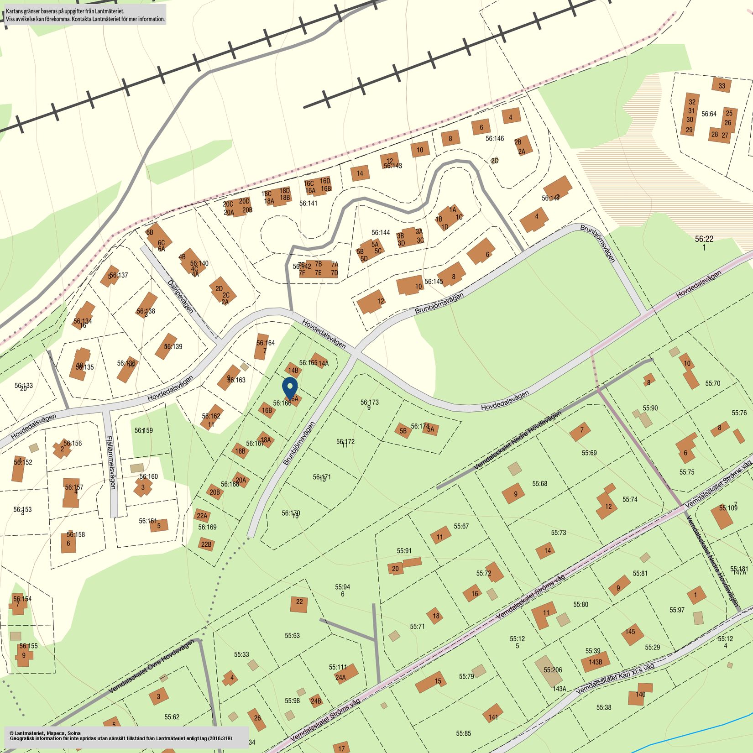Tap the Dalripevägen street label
tap(180, 297)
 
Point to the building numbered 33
tap(722, 86)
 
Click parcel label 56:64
tap(709, 114)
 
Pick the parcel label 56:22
tap(704, 239)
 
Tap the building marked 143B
tap(595, 662)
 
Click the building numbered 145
tap(631, 633)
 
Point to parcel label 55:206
tap(553, 670)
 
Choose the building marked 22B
tap(206, 544)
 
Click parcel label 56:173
tap(369, 403)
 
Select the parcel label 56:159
tap(143, 430)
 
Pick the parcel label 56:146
tap(495, 138)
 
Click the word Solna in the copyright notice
tap(74, 733)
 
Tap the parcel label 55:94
tap(342, 587)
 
